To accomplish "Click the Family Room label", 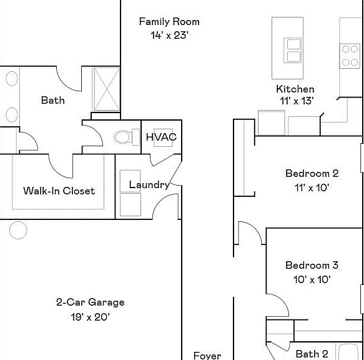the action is click(169, 22).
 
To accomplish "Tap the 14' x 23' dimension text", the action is click(169, 36).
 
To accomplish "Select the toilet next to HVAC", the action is click(127, 137).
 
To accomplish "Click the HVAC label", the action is click(161, 137).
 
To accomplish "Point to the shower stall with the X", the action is click(106, 89).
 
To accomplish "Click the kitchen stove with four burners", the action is click(350, 56).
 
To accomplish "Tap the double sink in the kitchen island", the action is click(292, 50).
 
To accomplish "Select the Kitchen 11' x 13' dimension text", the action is click(297, 101).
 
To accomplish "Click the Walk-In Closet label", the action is click(59, 191).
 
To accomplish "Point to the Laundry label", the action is click(149, 185).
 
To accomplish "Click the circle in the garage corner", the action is click(18, 230).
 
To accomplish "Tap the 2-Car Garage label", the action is click(91, 302).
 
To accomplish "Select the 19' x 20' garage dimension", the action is click(91, 316).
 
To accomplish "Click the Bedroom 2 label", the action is click(312, 173).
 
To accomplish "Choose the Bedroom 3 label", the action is click(312, 265).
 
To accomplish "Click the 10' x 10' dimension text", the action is click(312, 279).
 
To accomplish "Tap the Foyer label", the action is click(207, 356).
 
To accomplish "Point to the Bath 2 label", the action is click(312, 354).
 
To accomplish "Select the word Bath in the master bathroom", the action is click(53, 100).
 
